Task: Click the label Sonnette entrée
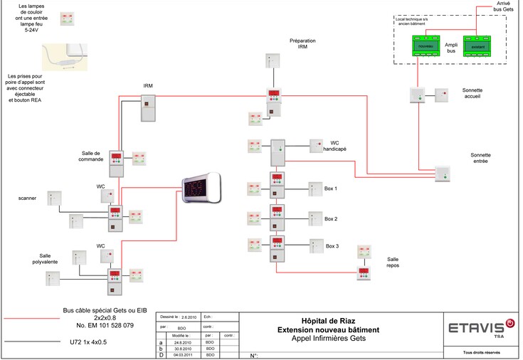481,158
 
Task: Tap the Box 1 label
331,189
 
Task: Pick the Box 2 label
331,219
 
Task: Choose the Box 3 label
332,246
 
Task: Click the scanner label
28,198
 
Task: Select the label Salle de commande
93,156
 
